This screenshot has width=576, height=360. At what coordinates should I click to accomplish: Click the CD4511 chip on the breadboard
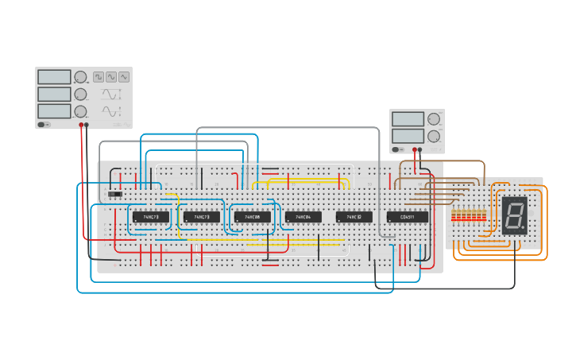407,217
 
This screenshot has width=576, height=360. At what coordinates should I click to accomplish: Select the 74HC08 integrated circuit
253,217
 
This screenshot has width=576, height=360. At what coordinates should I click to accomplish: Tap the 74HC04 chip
303,217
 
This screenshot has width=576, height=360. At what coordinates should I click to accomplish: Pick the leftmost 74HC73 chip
151,217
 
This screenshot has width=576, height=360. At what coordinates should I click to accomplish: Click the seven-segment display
514,215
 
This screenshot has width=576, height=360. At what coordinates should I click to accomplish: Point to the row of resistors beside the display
468,215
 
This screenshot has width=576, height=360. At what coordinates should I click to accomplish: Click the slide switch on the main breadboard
115,194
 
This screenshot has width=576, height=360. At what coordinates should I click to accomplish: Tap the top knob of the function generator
80,77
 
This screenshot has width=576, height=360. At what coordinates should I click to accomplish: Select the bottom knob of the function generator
80,111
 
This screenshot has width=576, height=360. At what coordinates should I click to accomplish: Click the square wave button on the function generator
99,77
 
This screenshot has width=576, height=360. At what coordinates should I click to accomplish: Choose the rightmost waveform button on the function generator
124,77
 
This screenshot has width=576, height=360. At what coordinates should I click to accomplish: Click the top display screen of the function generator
54,77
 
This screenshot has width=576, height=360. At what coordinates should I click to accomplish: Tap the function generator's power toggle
43,124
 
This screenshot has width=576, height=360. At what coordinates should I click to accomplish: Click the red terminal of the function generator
81,125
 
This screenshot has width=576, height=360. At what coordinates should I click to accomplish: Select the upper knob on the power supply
433,119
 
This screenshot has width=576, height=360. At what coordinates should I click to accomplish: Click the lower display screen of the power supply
408,136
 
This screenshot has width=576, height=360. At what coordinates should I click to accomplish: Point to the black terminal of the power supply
419,149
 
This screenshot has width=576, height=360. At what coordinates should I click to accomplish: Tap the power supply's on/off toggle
396,149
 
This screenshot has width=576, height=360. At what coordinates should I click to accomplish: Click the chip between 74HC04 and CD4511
354,217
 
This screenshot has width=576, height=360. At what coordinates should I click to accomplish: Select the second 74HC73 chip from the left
202,217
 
